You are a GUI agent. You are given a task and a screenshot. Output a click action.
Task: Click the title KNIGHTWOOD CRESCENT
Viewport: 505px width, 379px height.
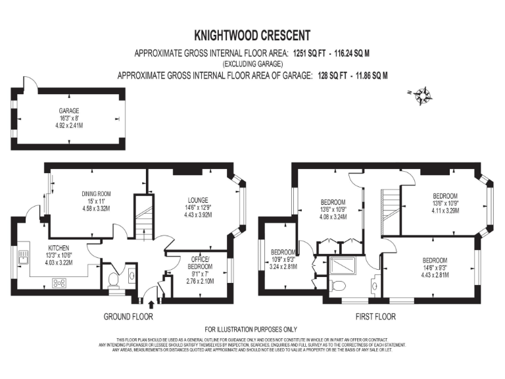click(x=252, y=35)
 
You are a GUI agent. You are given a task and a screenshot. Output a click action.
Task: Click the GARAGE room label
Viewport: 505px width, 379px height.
click(x=68, y=111)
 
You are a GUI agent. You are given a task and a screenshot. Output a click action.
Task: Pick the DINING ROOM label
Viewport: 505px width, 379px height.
click(x=95, y=193)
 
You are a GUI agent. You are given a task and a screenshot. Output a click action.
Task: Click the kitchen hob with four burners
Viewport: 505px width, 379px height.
click(x=59, y=284)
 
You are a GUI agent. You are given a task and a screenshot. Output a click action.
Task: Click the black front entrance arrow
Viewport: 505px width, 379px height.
click(x=153, y=304)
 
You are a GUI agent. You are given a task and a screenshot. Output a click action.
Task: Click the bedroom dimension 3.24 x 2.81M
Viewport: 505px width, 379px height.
click(x=283, y=266)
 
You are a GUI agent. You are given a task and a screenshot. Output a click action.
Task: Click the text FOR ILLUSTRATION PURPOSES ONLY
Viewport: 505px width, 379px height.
click(x=252, y=329)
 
